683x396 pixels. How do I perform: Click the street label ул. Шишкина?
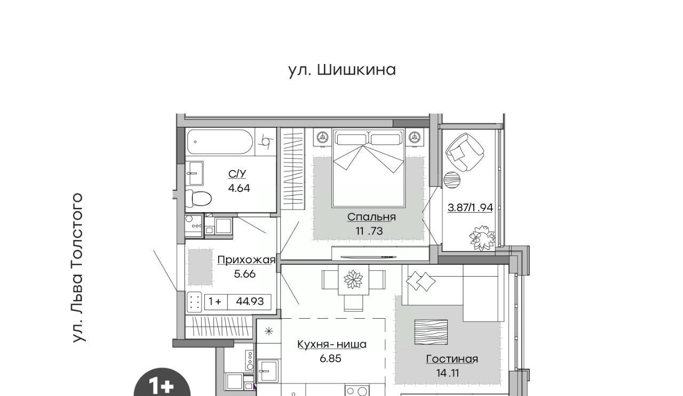[342, 70]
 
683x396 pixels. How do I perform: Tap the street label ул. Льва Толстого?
[77, 268]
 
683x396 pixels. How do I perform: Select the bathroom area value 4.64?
[239, 188]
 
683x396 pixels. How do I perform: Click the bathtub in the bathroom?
[220, 142]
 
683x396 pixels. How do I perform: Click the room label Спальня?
[371, 217]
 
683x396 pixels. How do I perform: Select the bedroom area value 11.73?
[369, 231]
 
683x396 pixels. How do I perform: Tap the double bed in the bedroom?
[369, 168]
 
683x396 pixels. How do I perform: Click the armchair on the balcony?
[465, 152]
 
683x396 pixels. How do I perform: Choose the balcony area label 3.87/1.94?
[470, 208]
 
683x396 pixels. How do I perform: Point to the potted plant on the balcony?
[482, 238]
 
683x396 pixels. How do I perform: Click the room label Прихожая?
[247, 260]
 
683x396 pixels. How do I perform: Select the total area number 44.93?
[250, 302]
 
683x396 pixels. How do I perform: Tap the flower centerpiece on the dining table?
[353, 279]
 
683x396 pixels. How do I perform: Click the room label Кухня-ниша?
[332, 344]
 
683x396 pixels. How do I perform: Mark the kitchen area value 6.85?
[330, 359]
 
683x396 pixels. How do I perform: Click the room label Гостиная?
[452, 359]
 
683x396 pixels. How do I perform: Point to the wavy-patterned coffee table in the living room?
[431, 332]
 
